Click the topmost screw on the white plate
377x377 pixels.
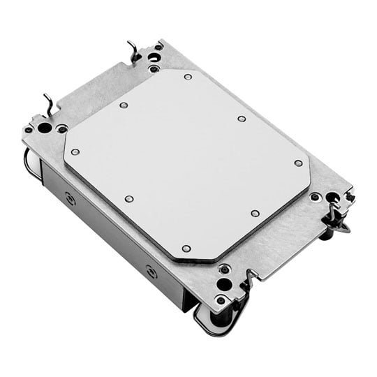(188, 77)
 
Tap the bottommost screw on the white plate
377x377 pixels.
(186, 248)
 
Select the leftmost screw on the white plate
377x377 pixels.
(75, 151)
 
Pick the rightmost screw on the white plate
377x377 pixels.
(299, 163)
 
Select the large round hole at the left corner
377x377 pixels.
(44, 128)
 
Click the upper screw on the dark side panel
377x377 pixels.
(70, 198)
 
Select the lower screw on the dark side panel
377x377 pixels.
(151, 271)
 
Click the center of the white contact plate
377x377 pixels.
(187, 163)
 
